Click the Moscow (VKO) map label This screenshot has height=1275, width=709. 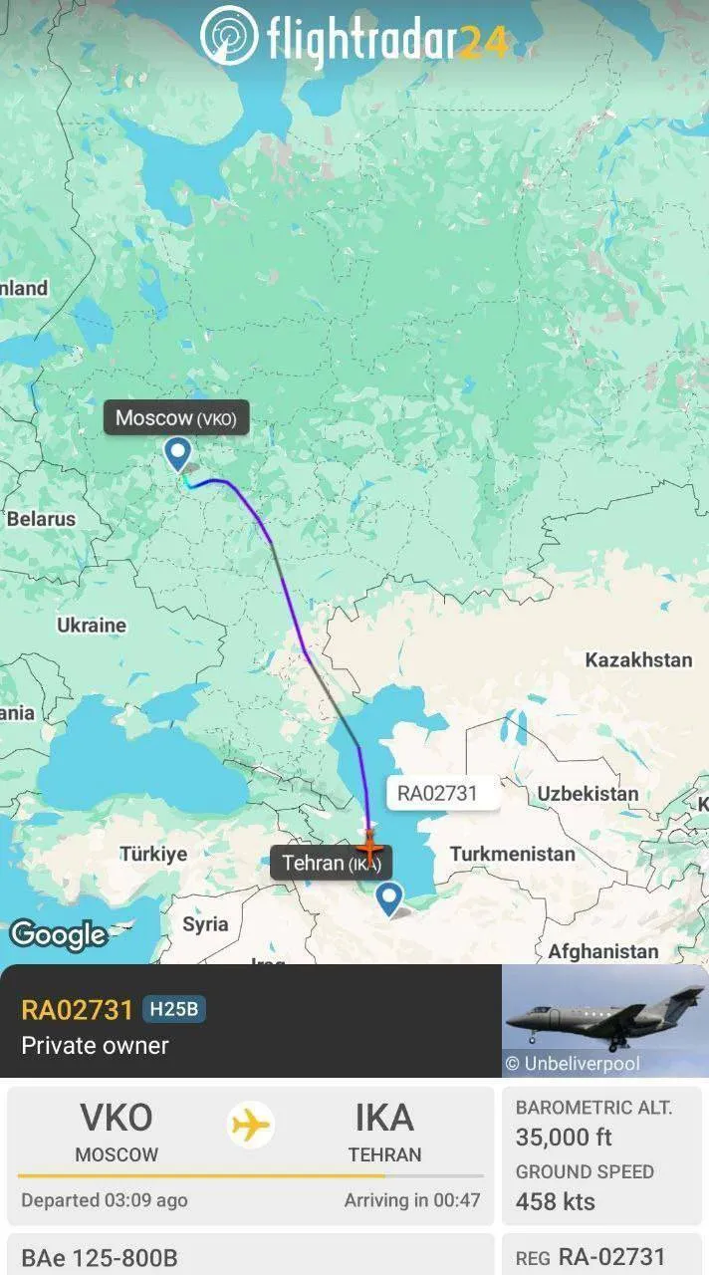coord(176,418)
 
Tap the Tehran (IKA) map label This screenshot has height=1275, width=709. coord(331,863)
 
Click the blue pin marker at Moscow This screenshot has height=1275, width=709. coord(177,454)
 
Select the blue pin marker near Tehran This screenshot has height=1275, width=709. coord(388,898)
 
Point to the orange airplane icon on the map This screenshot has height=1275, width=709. coord(369,848)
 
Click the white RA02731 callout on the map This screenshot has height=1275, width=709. coord(437,793)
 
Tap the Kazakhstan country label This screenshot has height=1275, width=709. coord(638,660)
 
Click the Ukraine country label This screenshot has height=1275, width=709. coord(92,626)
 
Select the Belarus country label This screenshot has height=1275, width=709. coord(41,519)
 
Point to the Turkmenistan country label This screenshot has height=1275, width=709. coord(512,854)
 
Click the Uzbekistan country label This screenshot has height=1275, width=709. coord(589,794)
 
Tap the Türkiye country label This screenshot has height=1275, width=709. coord(153,854)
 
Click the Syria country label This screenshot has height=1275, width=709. coord(205,924)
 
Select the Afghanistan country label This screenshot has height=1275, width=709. coord(602,951)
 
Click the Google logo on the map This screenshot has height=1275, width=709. coord(58,934)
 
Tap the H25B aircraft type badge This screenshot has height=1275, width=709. coord(173,1010)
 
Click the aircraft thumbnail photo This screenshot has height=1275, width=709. coord(604,1021)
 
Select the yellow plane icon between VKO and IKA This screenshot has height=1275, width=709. coord(251,1125)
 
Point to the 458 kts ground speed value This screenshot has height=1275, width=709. coord(556,1201)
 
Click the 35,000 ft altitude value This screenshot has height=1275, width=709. coord(564,1137)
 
